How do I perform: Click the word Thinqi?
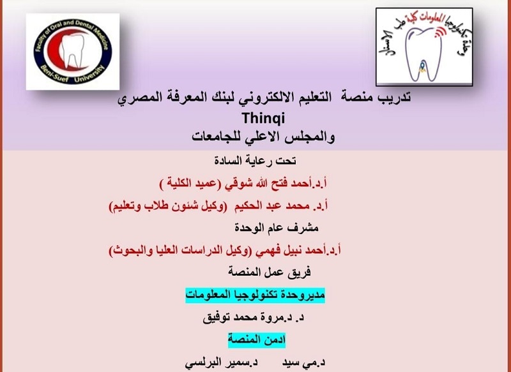263,118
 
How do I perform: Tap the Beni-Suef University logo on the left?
73,52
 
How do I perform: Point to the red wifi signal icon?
439,33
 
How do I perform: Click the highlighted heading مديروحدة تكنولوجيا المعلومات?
255,295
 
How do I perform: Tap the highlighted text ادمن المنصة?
257,340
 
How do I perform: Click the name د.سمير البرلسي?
221,363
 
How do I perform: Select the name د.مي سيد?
304,363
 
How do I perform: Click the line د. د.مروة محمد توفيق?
253,318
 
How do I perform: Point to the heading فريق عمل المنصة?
269,272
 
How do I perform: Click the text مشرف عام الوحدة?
277,228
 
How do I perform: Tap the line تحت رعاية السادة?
255,161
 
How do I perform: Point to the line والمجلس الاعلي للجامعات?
263,137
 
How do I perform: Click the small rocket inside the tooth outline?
422,66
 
